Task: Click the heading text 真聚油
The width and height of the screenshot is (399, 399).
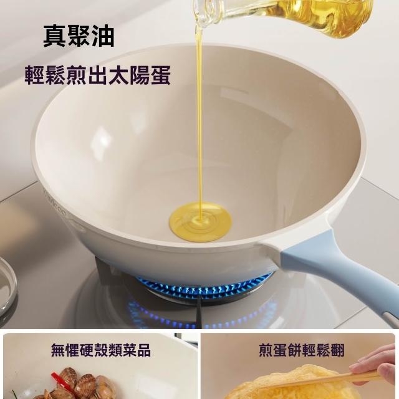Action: [79, 36]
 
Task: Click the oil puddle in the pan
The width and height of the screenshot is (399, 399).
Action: [201, 222]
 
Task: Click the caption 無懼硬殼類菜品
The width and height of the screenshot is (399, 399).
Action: [101, 350]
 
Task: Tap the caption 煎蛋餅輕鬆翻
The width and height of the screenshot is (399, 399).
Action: [302, 350]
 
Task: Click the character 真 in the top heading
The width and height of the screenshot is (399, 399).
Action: [54, 36]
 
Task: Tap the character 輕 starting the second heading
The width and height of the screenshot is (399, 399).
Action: [35, 75]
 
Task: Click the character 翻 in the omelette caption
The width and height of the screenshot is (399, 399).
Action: [337, 350]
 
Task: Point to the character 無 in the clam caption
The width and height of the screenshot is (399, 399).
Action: [58, 350]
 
